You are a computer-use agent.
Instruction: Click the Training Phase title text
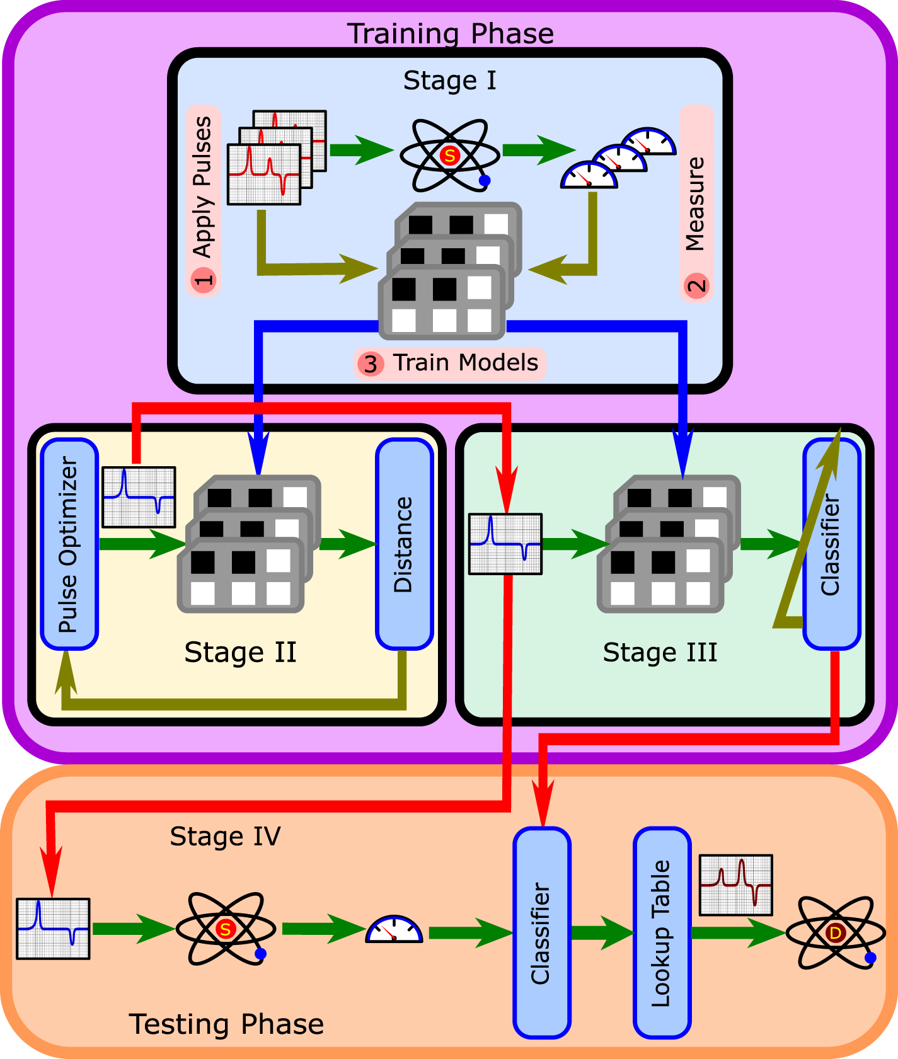pos(450,33)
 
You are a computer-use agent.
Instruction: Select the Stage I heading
pos(449,81)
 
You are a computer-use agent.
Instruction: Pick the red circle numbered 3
pos(371,364)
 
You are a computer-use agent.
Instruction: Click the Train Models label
pos(465,363)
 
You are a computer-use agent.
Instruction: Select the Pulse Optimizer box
pos(69,544)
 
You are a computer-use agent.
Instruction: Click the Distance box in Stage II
pos(404,544)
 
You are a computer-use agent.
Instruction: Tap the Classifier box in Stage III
pos(832,544)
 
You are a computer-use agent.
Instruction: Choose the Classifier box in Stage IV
pos(541,932)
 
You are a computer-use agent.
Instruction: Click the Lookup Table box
pos(662,932)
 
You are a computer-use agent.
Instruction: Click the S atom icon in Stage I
pos(449,156)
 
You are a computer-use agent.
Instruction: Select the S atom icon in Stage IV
pos(225,929)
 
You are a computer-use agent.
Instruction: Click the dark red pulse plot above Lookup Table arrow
pos(735,884)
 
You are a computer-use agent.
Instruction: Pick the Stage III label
pos(660,653)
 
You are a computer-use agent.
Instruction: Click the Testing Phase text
pos(226,1024)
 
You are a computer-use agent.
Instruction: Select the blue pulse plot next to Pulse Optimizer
pos(139,497)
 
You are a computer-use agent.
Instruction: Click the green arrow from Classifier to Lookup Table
pos(602,932)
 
